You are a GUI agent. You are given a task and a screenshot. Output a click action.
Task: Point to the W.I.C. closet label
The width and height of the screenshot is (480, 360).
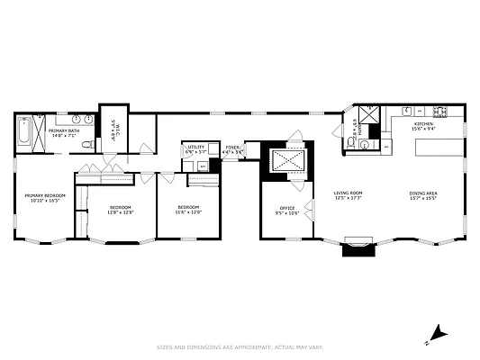point(114,134)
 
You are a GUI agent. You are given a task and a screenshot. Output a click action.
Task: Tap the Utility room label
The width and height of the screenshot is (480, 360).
point(195,149)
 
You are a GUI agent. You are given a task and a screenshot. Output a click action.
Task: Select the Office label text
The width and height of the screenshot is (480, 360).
point(286,211)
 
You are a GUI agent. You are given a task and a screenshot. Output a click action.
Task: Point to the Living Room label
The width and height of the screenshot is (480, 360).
point(348,195)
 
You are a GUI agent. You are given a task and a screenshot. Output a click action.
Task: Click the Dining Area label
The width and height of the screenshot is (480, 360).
point(423,195)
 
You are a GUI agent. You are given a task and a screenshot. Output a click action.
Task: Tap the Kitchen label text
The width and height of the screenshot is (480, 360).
point(423,125)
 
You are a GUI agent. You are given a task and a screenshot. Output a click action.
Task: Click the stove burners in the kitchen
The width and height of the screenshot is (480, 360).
point(440,112)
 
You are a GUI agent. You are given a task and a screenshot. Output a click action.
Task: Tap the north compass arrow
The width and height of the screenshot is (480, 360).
point(437,333)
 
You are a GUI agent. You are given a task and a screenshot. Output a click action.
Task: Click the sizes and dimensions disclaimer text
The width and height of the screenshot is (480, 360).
point(240,346)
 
